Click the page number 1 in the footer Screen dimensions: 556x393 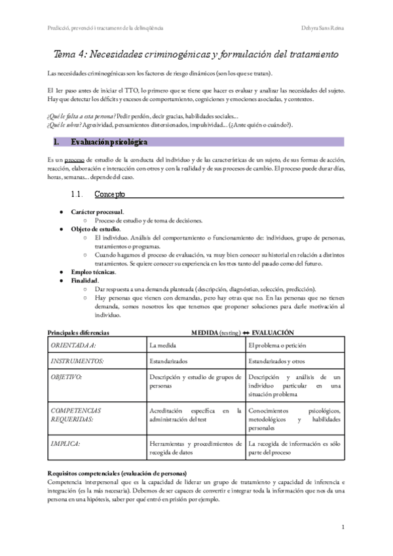click(x=343, y=526)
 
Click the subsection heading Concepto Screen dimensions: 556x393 click(x=109, y=194)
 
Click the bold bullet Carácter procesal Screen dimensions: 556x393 click(x=97, y=212)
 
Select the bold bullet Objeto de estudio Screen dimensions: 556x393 click(x=96, y=229)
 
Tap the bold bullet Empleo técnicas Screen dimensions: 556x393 click(x=93, y=271)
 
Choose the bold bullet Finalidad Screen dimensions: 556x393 click(x=84, y=280)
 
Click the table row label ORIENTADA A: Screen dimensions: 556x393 click(x=73, y=344)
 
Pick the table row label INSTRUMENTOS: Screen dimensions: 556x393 click(x=78, y=361)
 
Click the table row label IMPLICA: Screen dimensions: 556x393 click(x=65, y=444)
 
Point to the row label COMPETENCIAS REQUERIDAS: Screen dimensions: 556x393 click(x=75, y=415)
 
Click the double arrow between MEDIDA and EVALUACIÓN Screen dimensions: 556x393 click(x=246, y=332)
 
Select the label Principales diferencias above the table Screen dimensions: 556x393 click(x=79, y=332)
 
